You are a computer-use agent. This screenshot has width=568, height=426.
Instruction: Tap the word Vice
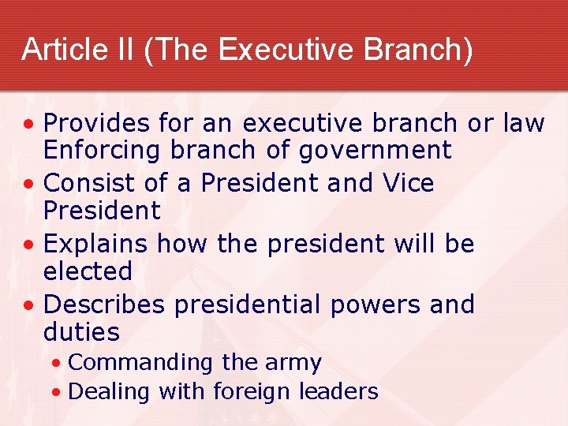tap(409, 184)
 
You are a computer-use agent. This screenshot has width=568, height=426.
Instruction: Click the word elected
tap(88, 271)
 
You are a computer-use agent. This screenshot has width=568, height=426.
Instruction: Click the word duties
tap(81, 332)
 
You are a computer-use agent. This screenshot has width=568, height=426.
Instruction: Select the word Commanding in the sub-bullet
tap(140, 363)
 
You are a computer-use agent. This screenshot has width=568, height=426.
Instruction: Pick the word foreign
tap(259, 391)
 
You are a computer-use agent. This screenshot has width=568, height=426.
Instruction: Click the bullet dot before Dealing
tap(58, 392)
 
